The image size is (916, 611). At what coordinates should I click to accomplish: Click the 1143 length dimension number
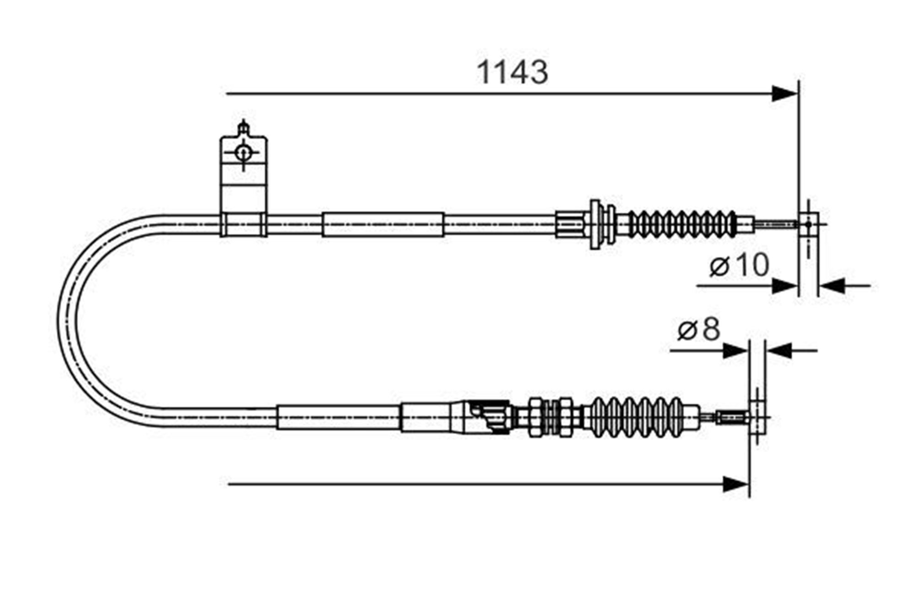[512, 72]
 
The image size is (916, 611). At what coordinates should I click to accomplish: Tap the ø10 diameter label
[739, 265]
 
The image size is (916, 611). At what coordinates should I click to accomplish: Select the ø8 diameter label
[699, 329]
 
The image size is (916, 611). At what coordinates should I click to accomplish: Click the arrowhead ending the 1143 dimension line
[785, 94]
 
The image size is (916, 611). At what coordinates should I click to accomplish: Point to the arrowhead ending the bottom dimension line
[736, 484]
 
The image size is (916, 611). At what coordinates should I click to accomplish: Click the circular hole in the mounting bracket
[243, 153]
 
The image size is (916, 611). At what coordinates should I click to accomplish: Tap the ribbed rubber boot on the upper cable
[682, 224]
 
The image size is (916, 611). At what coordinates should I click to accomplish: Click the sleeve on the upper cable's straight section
[383, 225]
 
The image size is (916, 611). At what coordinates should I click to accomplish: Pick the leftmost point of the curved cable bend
[58, 316]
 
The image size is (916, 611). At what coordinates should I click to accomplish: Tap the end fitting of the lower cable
[757, 417]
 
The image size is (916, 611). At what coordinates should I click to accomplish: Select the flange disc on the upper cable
[595, 224]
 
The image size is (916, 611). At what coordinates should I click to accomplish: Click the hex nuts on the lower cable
[551, 417]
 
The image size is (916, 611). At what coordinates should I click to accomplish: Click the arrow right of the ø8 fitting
[791, 351]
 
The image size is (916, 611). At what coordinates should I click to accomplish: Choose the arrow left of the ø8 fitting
[709, 351]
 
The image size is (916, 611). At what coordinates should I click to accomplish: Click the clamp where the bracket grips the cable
[243, 225]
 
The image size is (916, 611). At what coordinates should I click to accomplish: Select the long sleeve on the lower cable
[338, 417]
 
